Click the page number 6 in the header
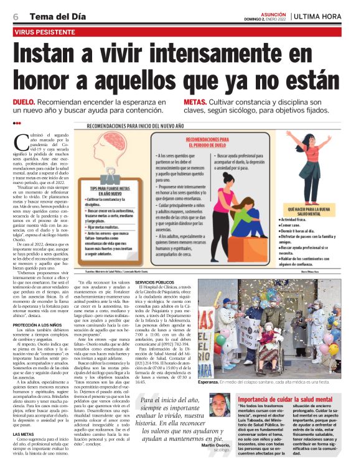click(15, 17)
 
